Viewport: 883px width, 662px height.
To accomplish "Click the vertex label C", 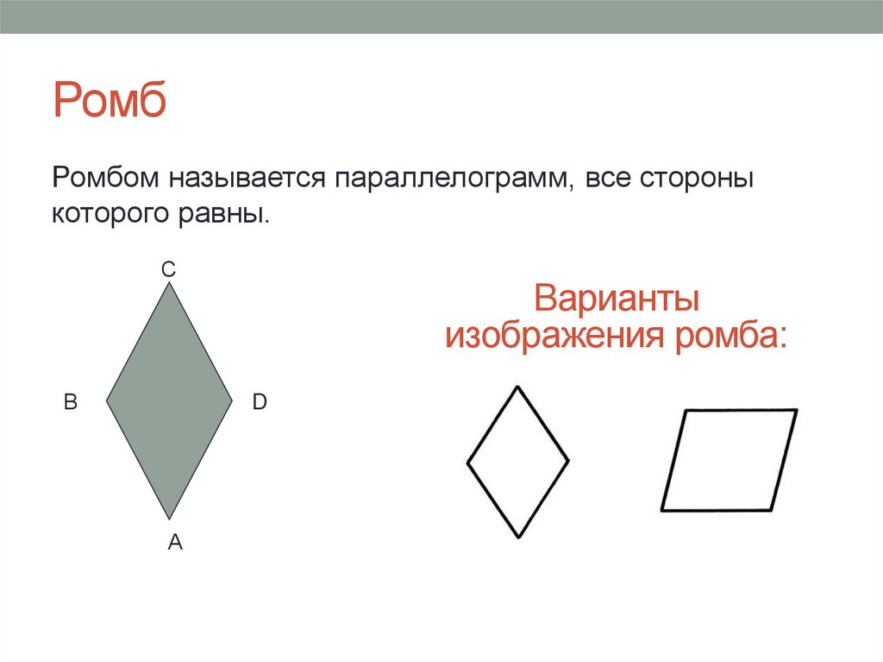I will pos(169,270).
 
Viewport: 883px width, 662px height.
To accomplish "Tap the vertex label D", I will pos(260,401).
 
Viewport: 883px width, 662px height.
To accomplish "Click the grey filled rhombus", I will pos(169,400).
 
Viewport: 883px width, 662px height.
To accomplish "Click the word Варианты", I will pos(616,299).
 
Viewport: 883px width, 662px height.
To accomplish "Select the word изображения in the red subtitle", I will pos(555,335).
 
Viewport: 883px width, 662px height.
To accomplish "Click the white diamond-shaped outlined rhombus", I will pos(517,462).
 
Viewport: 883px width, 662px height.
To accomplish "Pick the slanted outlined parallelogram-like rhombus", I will pos(729,460).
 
